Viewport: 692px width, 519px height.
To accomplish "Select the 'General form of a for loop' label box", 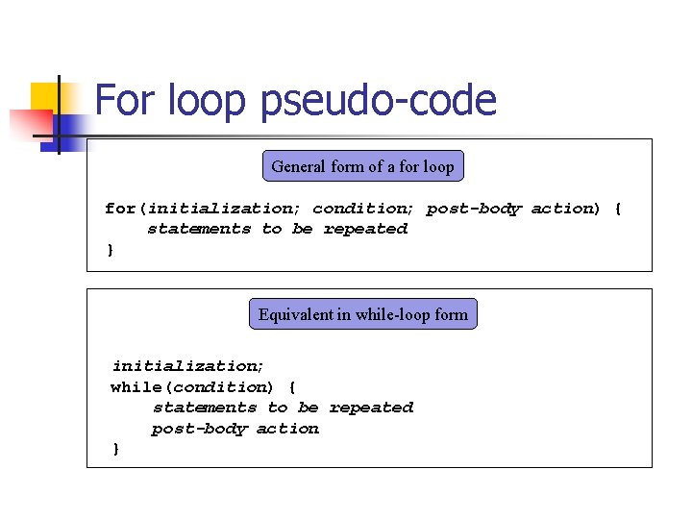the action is [x=362, y=166].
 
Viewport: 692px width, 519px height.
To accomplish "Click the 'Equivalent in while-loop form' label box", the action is [x=362, y=314].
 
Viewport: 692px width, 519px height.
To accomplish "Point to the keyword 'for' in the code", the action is [x=119, y=209].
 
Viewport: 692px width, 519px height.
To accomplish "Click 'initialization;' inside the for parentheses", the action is [x=225, y=209].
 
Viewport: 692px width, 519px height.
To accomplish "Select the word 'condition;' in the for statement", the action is [x=364, y=209].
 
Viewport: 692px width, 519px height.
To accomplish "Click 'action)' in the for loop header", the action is [x=565, y=209].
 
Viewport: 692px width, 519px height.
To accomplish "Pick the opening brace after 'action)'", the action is [x=618, y=209].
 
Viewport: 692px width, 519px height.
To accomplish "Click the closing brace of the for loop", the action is [x=110, y=251].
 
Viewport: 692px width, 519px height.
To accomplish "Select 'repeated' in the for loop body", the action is [x=365, y=230].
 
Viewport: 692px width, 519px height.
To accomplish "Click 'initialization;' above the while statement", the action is [x=188, y=366].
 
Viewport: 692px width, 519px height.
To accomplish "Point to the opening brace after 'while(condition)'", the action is [x=292, y=387].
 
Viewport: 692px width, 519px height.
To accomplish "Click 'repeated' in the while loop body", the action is [x=371, y=408].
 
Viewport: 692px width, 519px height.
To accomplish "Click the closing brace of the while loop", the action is [x=116, y=450].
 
